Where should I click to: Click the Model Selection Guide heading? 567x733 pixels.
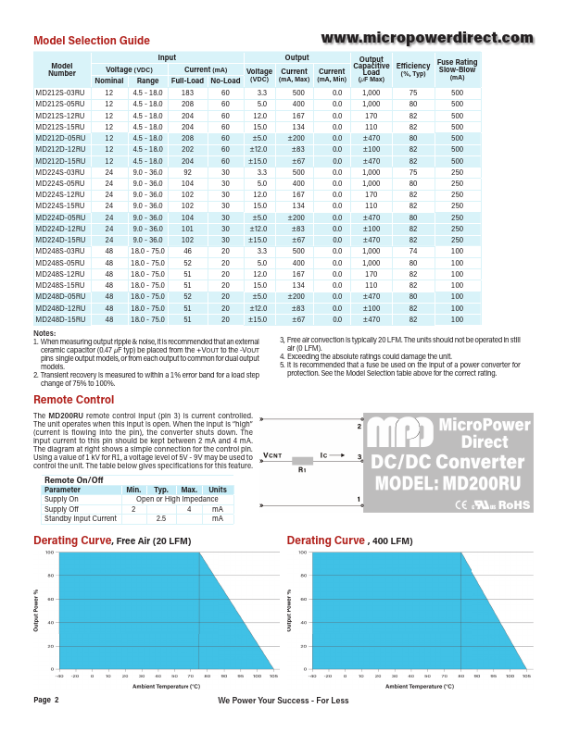click(91, 41)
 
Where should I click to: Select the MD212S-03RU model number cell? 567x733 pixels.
click(60, 93)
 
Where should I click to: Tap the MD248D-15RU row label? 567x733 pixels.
click(60, 319)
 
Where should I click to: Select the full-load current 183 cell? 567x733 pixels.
click(187, 93)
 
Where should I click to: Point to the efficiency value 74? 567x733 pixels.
click(413, 251)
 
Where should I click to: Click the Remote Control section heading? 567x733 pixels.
click(73, 400)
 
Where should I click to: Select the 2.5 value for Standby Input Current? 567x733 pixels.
click(160, 519)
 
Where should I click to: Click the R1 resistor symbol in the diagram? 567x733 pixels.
click(302, 460)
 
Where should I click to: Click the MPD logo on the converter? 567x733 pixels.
click(398, 435)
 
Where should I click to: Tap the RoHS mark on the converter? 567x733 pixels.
click(514, 505)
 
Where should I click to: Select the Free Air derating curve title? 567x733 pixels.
click(104, 540)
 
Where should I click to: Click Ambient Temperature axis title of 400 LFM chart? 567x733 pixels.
click(419, 687)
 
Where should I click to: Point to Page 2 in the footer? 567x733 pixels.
click(46, 700)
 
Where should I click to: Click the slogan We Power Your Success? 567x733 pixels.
click(283, 701)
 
